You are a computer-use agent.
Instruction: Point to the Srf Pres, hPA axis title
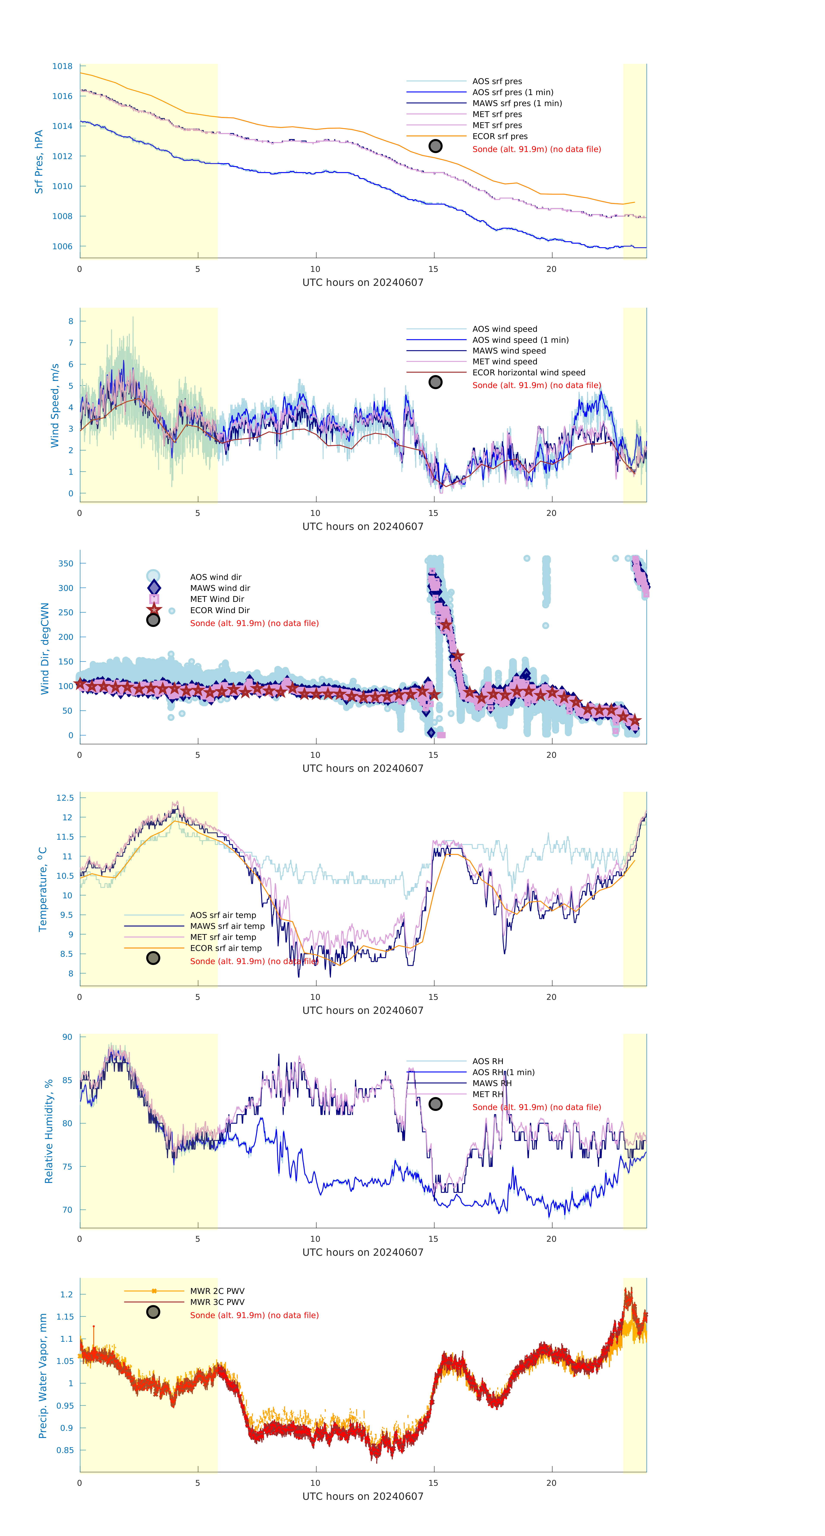tap(39, 162)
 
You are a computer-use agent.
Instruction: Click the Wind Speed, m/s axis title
tap(55, 406)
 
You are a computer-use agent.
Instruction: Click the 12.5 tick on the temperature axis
tap(65, 798)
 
